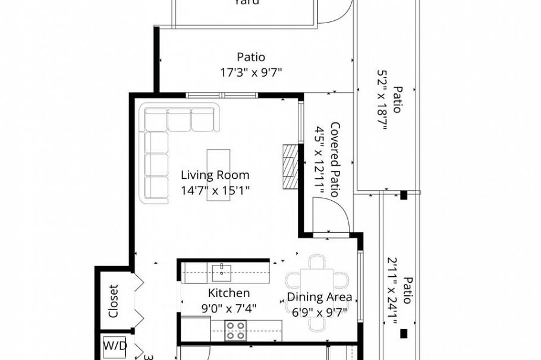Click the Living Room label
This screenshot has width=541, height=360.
pyautogui.click(x=215, y=175)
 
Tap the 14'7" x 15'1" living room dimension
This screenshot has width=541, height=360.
pyautogui.click(x=215, y=191)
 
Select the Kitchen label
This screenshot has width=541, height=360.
pyautogui.click(x=228, y=293)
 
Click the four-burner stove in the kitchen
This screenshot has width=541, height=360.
pyautogui.click(x=235, y=330)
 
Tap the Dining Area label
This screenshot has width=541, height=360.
pyautogui.click(x=319, y=297)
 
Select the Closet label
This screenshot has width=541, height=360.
pyautogui.click(x=114, y=301)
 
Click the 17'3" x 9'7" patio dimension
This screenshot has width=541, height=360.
pyautogui.click(x=250, y=72)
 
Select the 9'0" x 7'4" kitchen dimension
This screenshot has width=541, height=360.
pyautogui.click(x=228, y=308)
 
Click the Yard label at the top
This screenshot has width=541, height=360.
pyautogui.click(x=246, y=2)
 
